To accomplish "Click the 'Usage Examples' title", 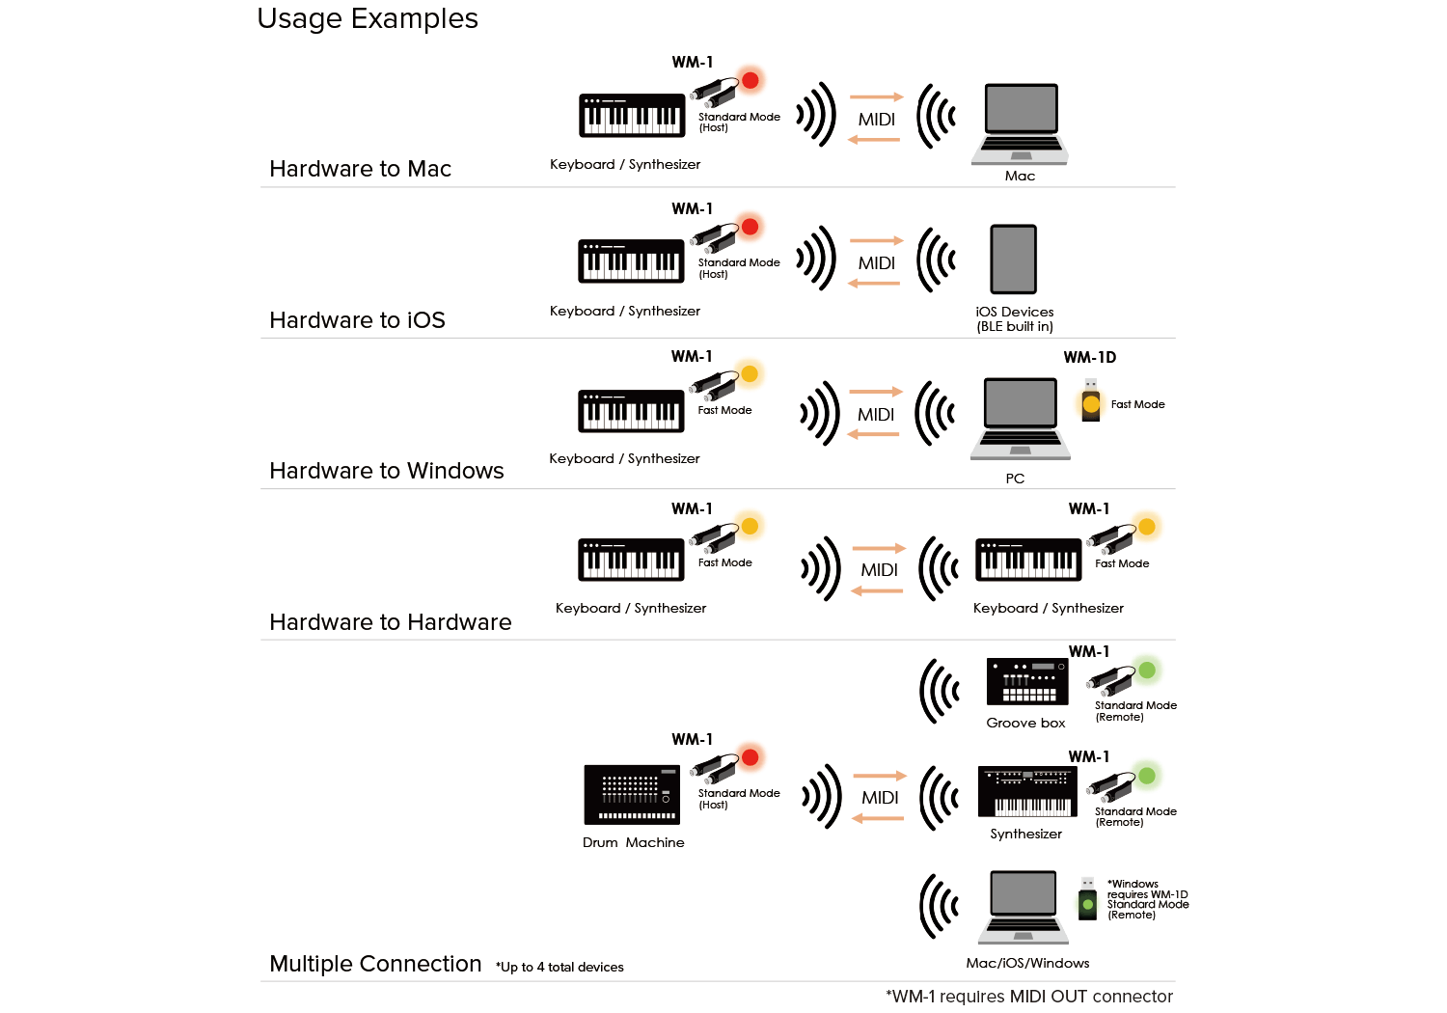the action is pyautogui.click(x=367, y=18).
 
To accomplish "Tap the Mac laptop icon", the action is pyautogui.click(x=1020, y=124).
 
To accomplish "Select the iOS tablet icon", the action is pyautogui.click(x=1014, y=260).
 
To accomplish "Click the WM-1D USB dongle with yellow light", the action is pyautogui.click(x=1090, y=400).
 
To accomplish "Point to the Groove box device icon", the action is pyautogui.click(x=1027, y=681).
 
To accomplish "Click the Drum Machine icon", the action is pyautogui.click(x=632, y=795).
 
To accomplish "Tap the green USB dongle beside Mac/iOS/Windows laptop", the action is pyautogui.click(x=1088, y=899).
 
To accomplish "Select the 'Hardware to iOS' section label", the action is pyautogui.click(x=357, y=319).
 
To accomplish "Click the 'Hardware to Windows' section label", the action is pyautogui.click(x=386, y=471).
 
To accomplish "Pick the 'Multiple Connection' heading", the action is pyautogui.click(x=375, y=963).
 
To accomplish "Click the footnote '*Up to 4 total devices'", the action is pyautogui.click(x=560, y=967).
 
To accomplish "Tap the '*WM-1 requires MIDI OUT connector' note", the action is pyautogui.click(x=1029, y=997).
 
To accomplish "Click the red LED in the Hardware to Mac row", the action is pyautogui.click(x=750, y=80).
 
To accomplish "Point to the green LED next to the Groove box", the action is pyautogui.click(x=1147, y=670).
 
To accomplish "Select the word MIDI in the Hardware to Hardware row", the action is pyautogui.click(x=879, y=570).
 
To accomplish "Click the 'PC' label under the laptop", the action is pyautogui.click(x=1015, y=479).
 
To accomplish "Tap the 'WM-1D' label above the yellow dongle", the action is pyautogui.click(x=1090, y=357).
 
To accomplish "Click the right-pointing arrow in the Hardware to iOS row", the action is pyautogui.click(x=877, y=240).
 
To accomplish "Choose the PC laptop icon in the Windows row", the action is pyautogui.click(x=1020, y=419).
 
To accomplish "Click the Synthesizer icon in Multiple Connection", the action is pyautogui.click(x=1027, y=792).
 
